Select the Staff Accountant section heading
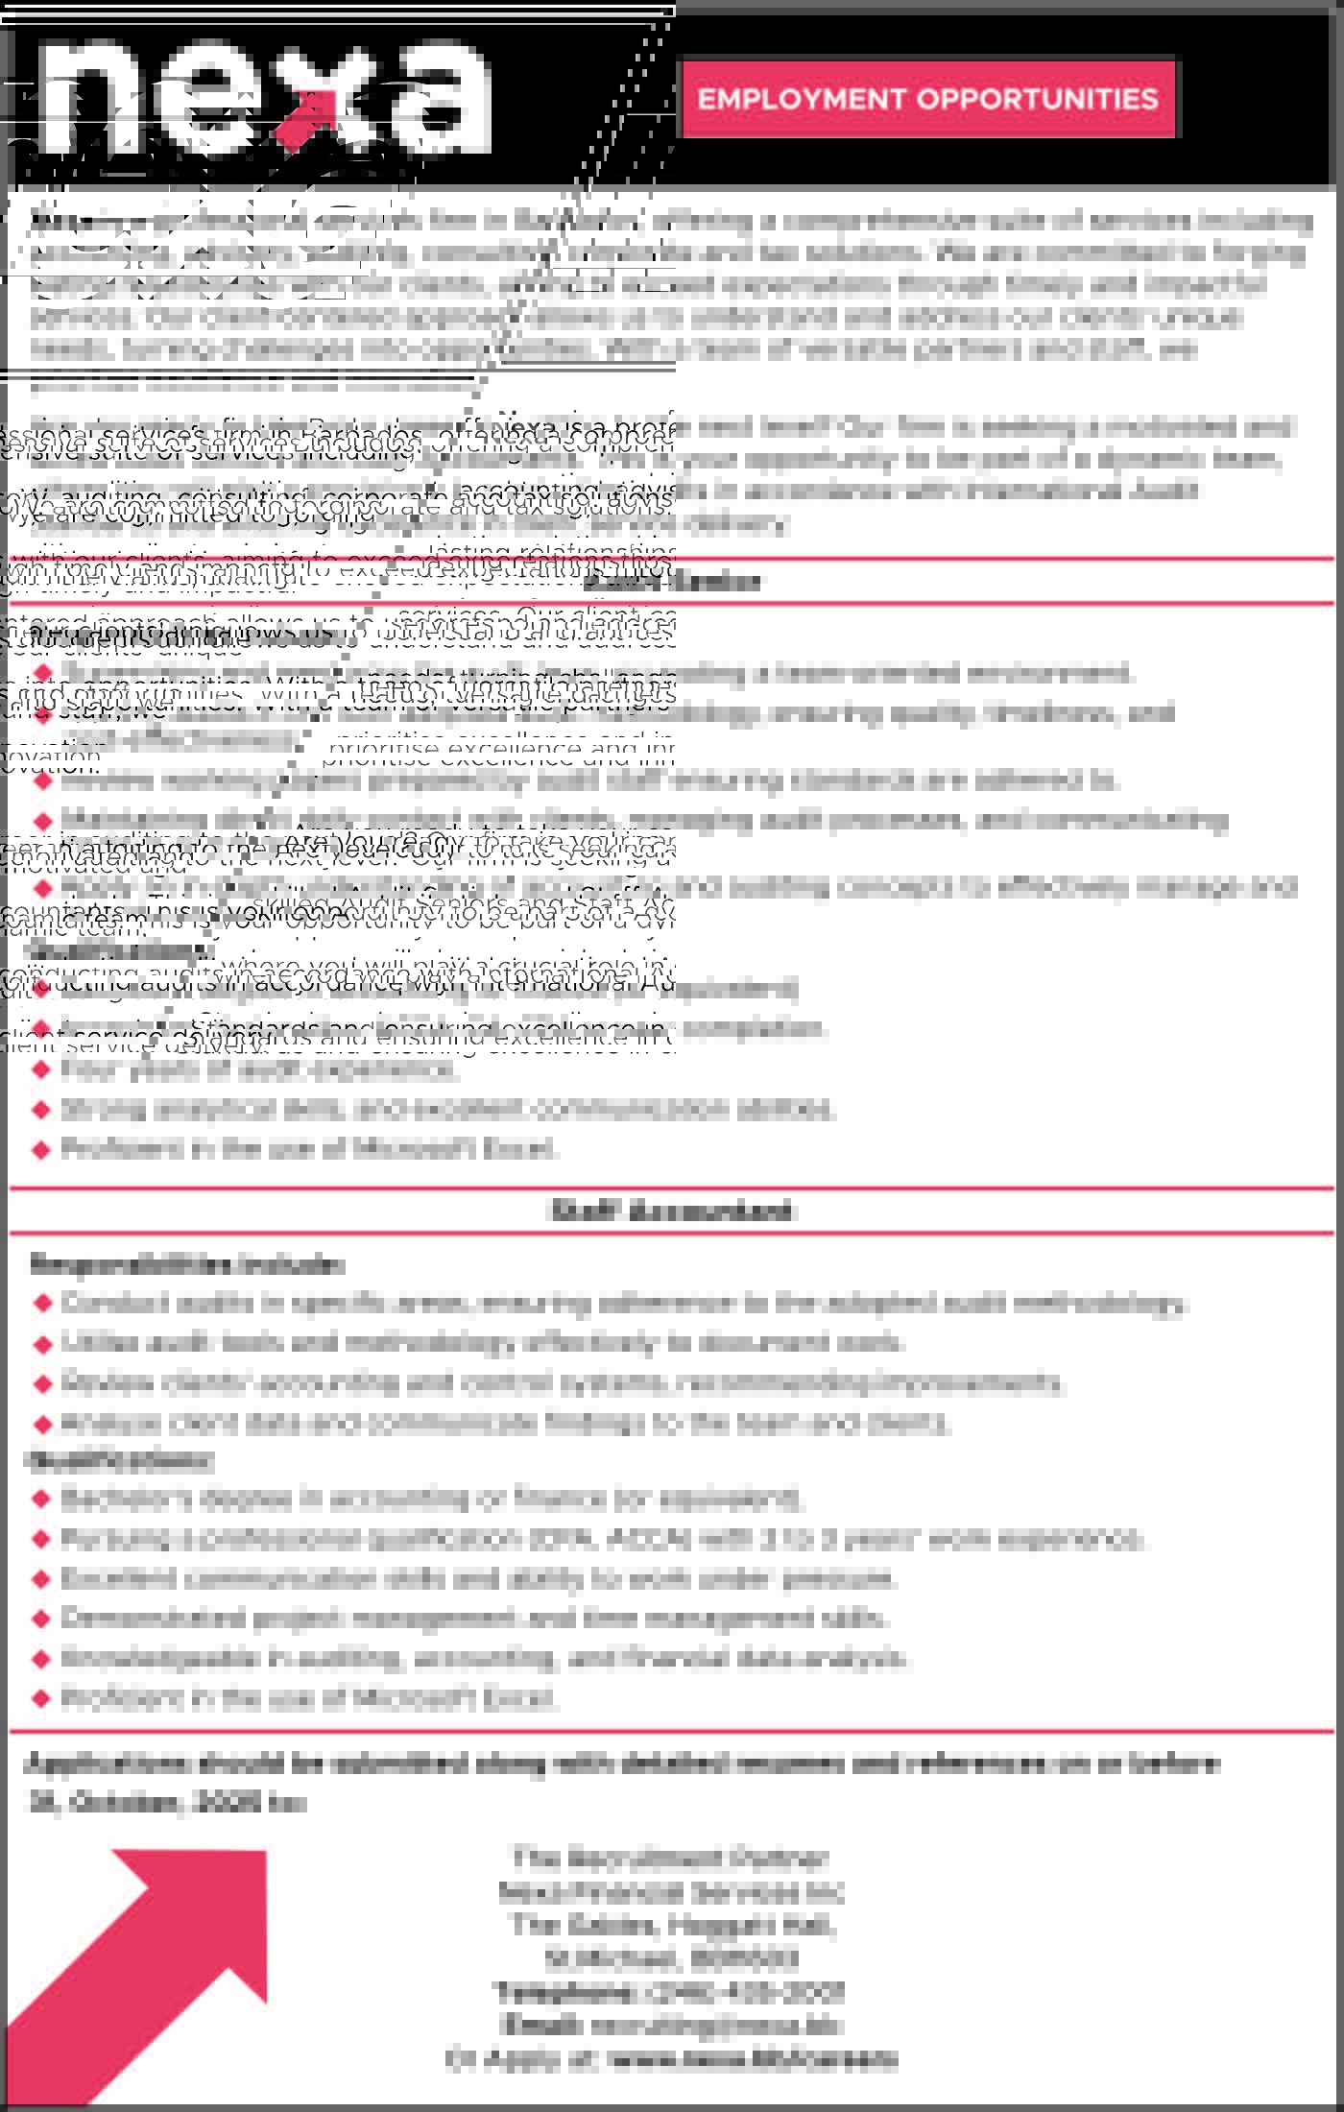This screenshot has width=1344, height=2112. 672,1211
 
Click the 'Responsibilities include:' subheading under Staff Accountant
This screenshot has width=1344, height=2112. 186,1264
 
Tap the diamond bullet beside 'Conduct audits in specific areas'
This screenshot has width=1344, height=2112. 41,1304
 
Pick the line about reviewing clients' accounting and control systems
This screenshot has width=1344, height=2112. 562,1382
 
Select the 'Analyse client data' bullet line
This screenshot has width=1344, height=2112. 505,1423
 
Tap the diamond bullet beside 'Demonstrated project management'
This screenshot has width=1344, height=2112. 41,1619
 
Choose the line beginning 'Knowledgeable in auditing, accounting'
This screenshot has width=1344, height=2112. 484,1658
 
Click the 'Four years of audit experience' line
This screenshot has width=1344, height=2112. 259,1068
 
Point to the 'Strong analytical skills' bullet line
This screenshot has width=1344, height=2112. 447,1109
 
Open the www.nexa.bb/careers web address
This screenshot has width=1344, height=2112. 753,2058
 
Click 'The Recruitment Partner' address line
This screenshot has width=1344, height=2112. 670,1859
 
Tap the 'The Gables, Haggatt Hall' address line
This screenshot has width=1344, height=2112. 672,1925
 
